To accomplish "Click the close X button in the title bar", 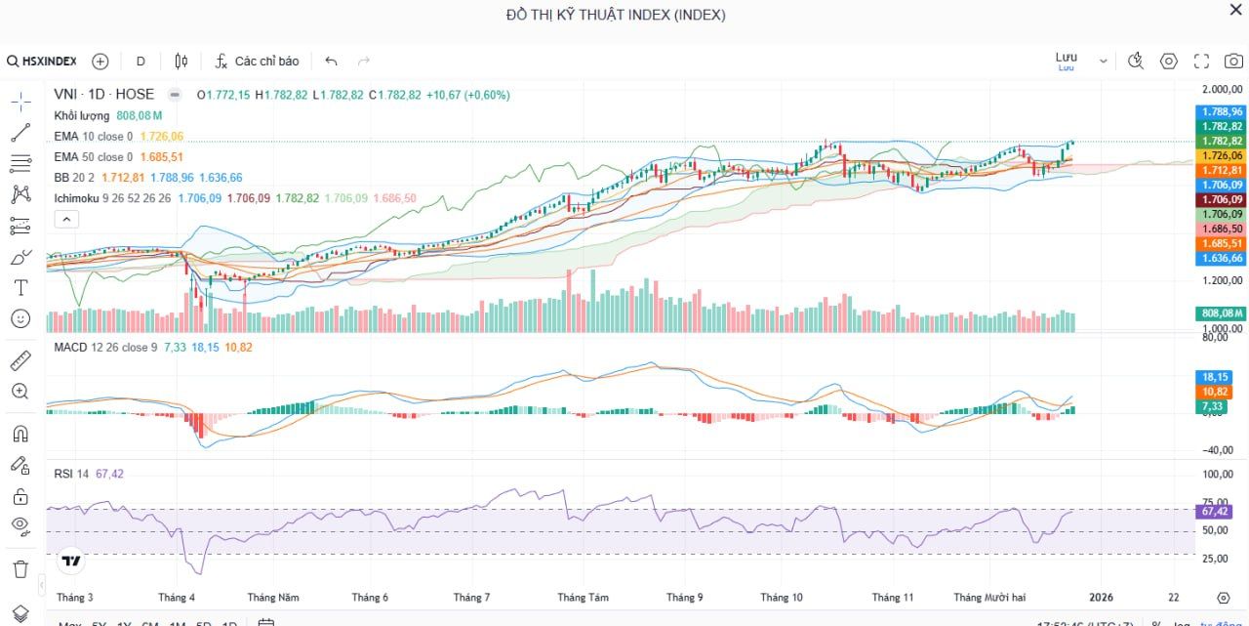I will [x=1235, y=10].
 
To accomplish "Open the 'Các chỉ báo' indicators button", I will [x=258, y=61].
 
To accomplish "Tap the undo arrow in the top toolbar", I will [x=331, y=61].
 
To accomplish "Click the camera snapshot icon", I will [x=1233, y=61].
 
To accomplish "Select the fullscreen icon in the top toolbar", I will [x=1201, y=61].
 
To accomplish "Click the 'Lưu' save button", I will [x=1067, y=60].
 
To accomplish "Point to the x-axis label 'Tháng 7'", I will [x=471, y=598].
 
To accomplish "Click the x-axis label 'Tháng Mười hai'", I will [x=989, y=598].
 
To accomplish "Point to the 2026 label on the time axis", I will [x=1101, y=598].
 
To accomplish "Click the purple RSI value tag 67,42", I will [x=1215, y=512].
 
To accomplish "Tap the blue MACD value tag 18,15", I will [x=1215, y=377].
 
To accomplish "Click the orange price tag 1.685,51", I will [x=1222, y=243].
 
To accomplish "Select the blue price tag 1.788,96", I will [x=1222, y=111].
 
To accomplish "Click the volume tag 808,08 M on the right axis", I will [x=1221, y=313].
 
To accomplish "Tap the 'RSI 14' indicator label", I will [x=71, y=474].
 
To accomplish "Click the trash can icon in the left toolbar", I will [x=20, y=568].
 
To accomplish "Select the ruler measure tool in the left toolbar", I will [x=20, y=361].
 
